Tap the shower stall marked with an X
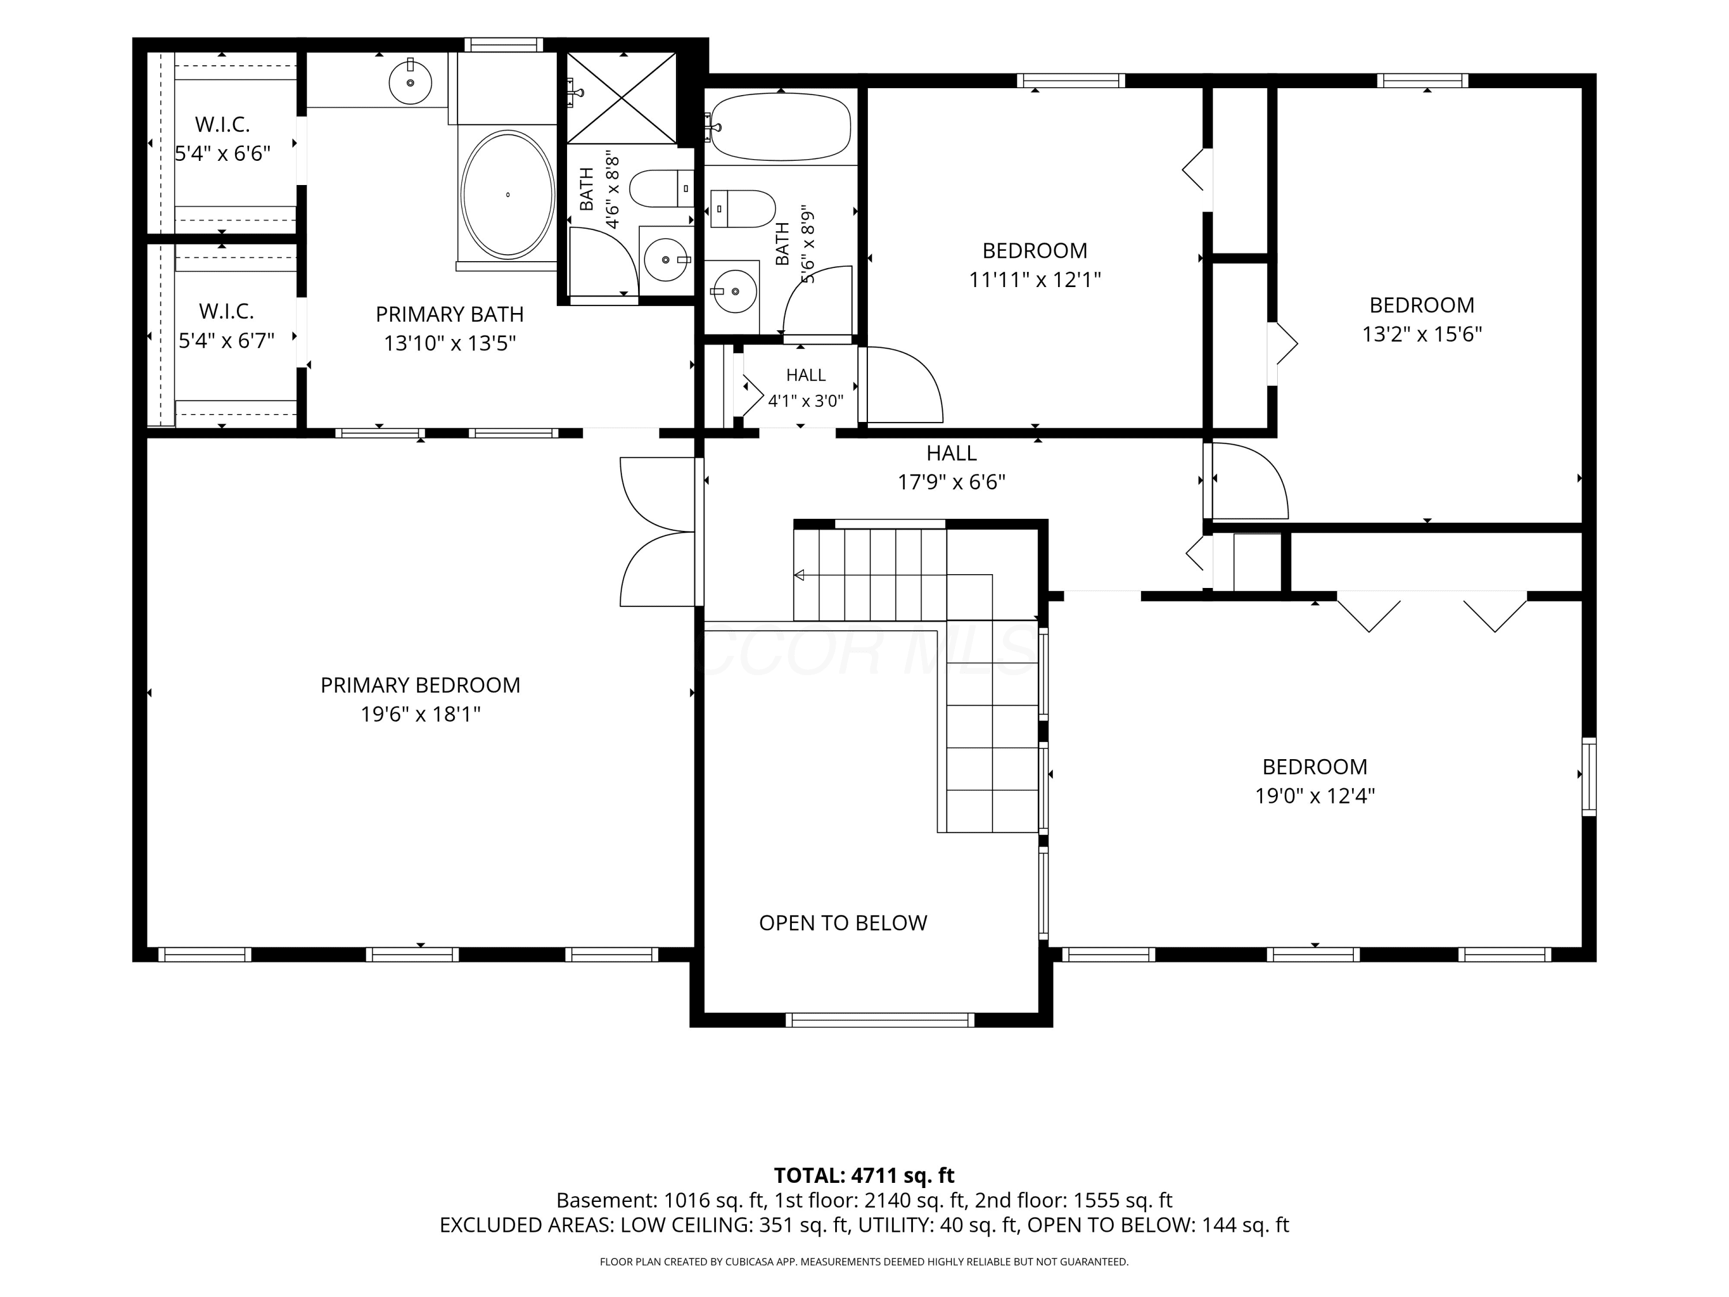click(621, 98)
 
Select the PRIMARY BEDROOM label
click(421, 685)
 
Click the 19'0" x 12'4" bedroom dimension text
click(1315, 796)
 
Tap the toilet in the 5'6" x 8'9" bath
click(742, 209)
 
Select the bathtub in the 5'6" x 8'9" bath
click(781, 127)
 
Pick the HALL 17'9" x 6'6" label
click(952, 467)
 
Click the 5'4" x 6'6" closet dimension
click(223, 153)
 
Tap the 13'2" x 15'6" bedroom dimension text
click(1422, 334)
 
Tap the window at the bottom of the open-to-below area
click(880, 1020)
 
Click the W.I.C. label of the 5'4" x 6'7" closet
click(226, 311)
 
